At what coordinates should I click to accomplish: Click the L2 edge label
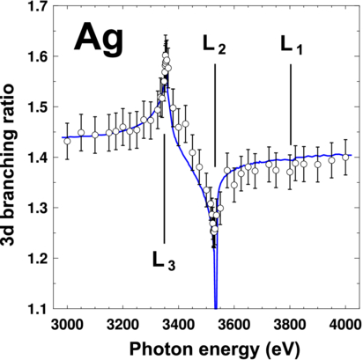click(214, 48)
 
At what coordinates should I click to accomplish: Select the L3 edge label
click(164, 261)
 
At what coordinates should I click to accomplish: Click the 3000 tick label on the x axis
click(65, 323)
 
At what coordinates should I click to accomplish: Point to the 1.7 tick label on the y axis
click(38, 8)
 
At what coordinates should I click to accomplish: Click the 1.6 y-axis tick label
click(38, 57)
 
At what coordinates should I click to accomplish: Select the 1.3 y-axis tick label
click(38, 208)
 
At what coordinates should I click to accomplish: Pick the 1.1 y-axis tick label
click(38, 307)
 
